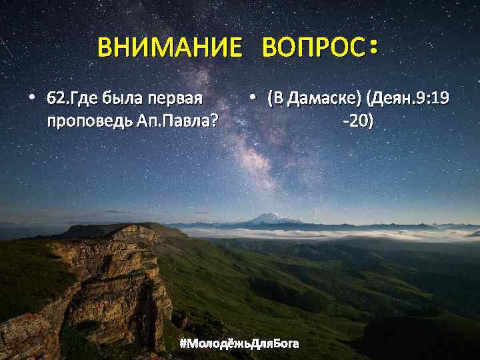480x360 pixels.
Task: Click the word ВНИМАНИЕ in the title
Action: (x=169, y=49)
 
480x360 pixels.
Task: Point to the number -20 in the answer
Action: (x=357, y=122)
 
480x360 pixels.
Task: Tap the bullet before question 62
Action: (x=31, y=99)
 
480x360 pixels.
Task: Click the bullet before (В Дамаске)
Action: (x=253, y=99)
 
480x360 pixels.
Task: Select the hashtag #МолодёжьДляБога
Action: (x=239, y=344)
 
